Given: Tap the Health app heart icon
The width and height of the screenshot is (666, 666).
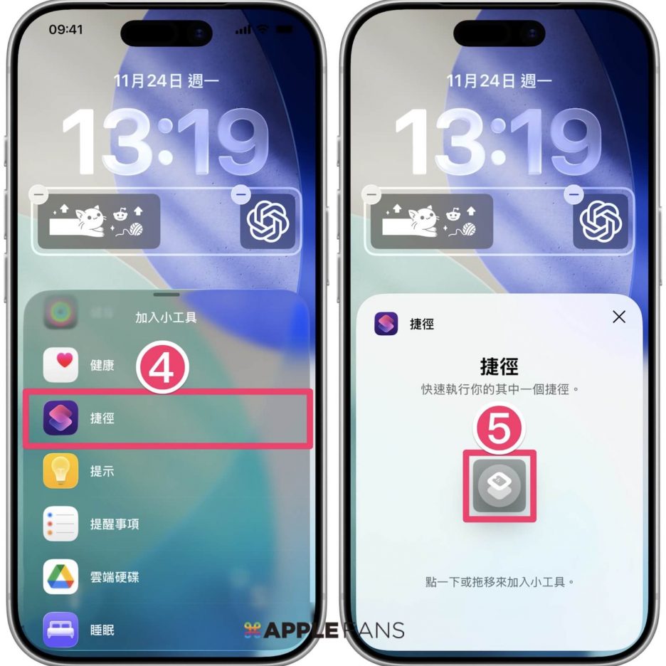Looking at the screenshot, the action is tap(60, 365).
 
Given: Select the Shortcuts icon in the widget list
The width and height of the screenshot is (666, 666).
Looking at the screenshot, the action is tap(60, 418).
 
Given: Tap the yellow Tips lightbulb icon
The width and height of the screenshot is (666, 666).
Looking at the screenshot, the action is tap(60, 470).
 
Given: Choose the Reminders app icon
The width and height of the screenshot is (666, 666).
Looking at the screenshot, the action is tap(60, 524).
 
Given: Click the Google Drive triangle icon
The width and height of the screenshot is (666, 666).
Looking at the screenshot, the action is tap(60, 576).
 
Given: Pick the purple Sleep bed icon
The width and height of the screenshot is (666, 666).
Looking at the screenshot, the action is tap(60, 630).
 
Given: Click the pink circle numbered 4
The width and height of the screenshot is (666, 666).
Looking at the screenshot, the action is tap(162, 367).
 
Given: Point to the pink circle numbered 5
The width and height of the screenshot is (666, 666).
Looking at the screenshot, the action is tap(499, 428).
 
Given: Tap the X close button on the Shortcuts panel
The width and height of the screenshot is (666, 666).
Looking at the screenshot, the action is tap(619, 317).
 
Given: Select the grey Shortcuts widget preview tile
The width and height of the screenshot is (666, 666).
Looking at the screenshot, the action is tap(499, 486).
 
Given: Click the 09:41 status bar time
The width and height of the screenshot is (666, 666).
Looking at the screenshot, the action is tap(66, 29).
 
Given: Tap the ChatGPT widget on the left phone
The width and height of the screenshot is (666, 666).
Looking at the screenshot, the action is tap(268, 221).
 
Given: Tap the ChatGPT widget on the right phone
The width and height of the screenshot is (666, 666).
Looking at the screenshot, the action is tap(601, 221).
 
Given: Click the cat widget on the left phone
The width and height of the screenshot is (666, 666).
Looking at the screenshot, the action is tap(99, 221).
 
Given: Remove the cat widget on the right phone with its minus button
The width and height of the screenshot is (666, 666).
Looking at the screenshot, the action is tap(371, 194).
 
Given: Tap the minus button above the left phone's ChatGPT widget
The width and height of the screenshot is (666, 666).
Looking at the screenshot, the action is tap(240, 194).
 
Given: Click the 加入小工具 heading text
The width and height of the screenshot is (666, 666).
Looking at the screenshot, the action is tap(166, 317).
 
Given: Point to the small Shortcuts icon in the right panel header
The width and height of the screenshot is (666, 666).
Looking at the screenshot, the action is tap(386, 324).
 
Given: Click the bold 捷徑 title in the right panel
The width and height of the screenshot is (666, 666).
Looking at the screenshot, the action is tap(499, 366).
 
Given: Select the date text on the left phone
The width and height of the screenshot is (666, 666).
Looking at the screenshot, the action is tap(166, 80).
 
